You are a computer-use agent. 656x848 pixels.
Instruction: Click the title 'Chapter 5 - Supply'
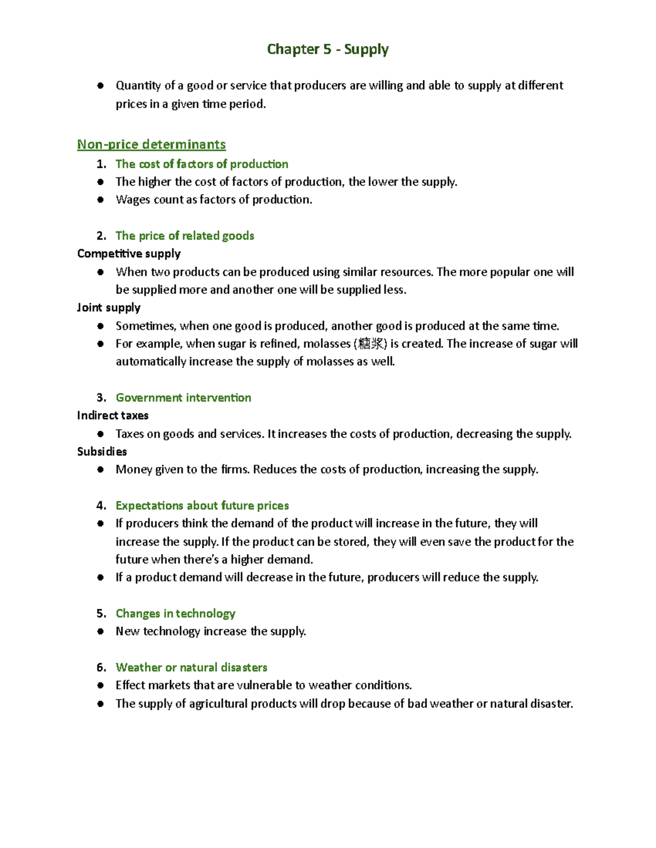[x=327, y=50]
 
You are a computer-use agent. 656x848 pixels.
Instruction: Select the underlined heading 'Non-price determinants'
[x=151, y=145]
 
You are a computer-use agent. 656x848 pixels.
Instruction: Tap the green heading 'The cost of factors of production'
[x=202, y=164]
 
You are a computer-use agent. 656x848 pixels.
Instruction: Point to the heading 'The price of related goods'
[x=185, y=236]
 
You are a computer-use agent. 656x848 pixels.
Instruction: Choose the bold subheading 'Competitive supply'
[x=129, y=254]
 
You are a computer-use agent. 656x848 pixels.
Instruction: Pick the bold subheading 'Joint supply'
[x=109, y=307]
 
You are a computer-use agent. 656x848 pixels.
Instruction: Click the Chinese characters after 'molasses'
[x=371, y=344]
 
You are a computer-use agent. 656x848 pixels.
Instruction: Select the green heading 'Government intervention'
[x=183, y=398]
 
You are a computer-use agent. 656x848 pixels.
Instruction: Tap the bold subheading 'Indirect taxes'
[x=113, y=416]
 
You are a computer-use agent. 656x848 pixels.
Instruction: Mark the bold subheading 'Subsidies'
[x=102, y=452]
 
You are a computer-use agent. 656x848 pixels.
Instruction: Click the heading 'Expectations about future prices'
[x=202, y=506]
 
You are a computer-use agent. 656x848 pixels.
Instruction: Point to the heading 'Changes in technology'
[x=175, y=614]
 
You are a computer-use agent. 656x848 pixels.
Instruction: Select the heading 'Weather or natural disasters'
[x=191, y=668]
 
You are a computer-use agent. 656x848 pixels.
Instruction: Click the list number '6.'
[x=101, y=668]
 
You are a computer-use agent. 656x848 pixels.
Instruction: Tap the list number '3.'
[x=101, y=398]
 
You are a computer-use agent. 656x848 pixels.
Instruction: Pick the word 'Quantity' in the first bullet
[x=138, y=86]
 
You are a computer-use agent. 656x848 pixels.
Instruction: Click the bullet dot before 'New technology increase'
[x=101, y=632]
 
